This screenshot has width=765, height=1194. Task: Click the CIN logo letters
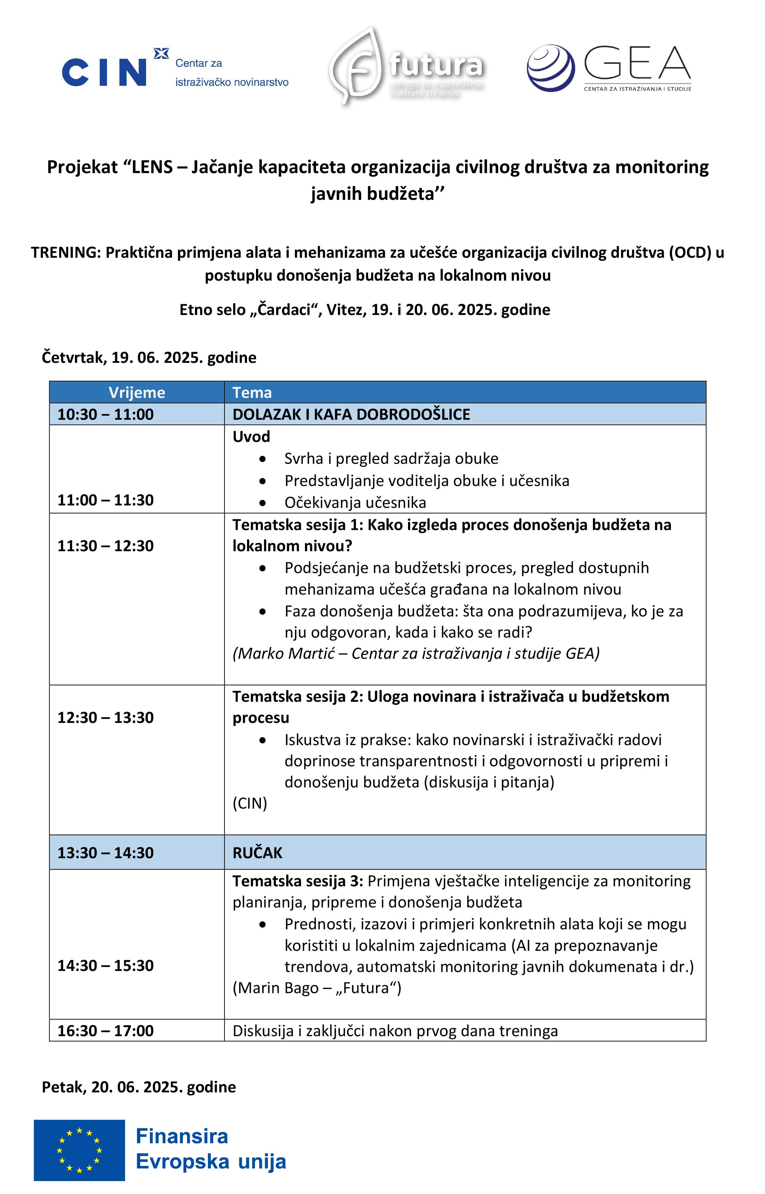click(x=104, y=73)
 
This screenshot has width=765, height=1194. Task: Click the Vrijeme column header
click(x=137, y=392)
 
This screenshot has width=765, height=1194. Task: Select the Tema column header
click(x=252, y=392)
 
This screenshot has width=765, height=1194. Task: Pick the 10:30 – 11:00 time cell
click(x=105, y=414)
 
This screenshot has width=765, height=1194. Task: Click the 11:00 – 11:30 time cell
click(x=105, y=500)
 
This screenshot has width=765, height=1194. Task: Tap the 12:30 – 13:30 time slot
click(x=105, y=717)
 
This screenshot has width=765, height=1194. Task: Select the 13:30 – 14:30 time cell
click(x=105, y=853)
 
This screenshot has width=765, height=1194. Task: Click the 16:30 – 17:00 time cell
click(x=105, y=1031)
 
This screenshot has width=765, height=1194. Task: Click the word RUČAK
click(x=257, y=853)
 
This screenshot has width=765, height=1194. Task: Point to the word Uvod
click(x=251, y=437)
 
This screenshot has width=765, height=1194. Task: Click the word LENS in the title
click(x=152, y=167)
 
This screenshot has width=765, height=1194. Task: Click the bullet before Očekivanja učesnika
click(x=262, y=503)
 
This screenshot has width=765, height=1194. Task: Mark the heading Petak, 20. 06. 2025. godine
click(x=138, y=1087)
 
